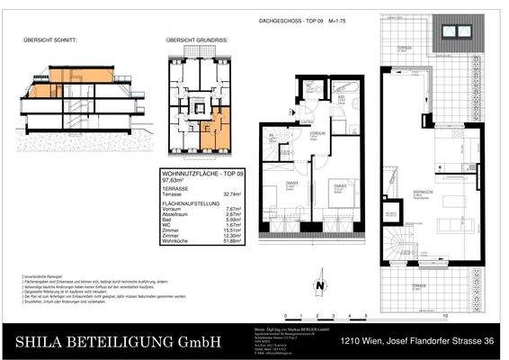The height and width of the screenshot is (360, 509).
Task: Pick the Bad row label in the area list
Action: (x=166, y=220)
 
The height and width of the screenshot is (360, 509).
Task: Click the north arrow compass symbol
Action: (x=319, y=287)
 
